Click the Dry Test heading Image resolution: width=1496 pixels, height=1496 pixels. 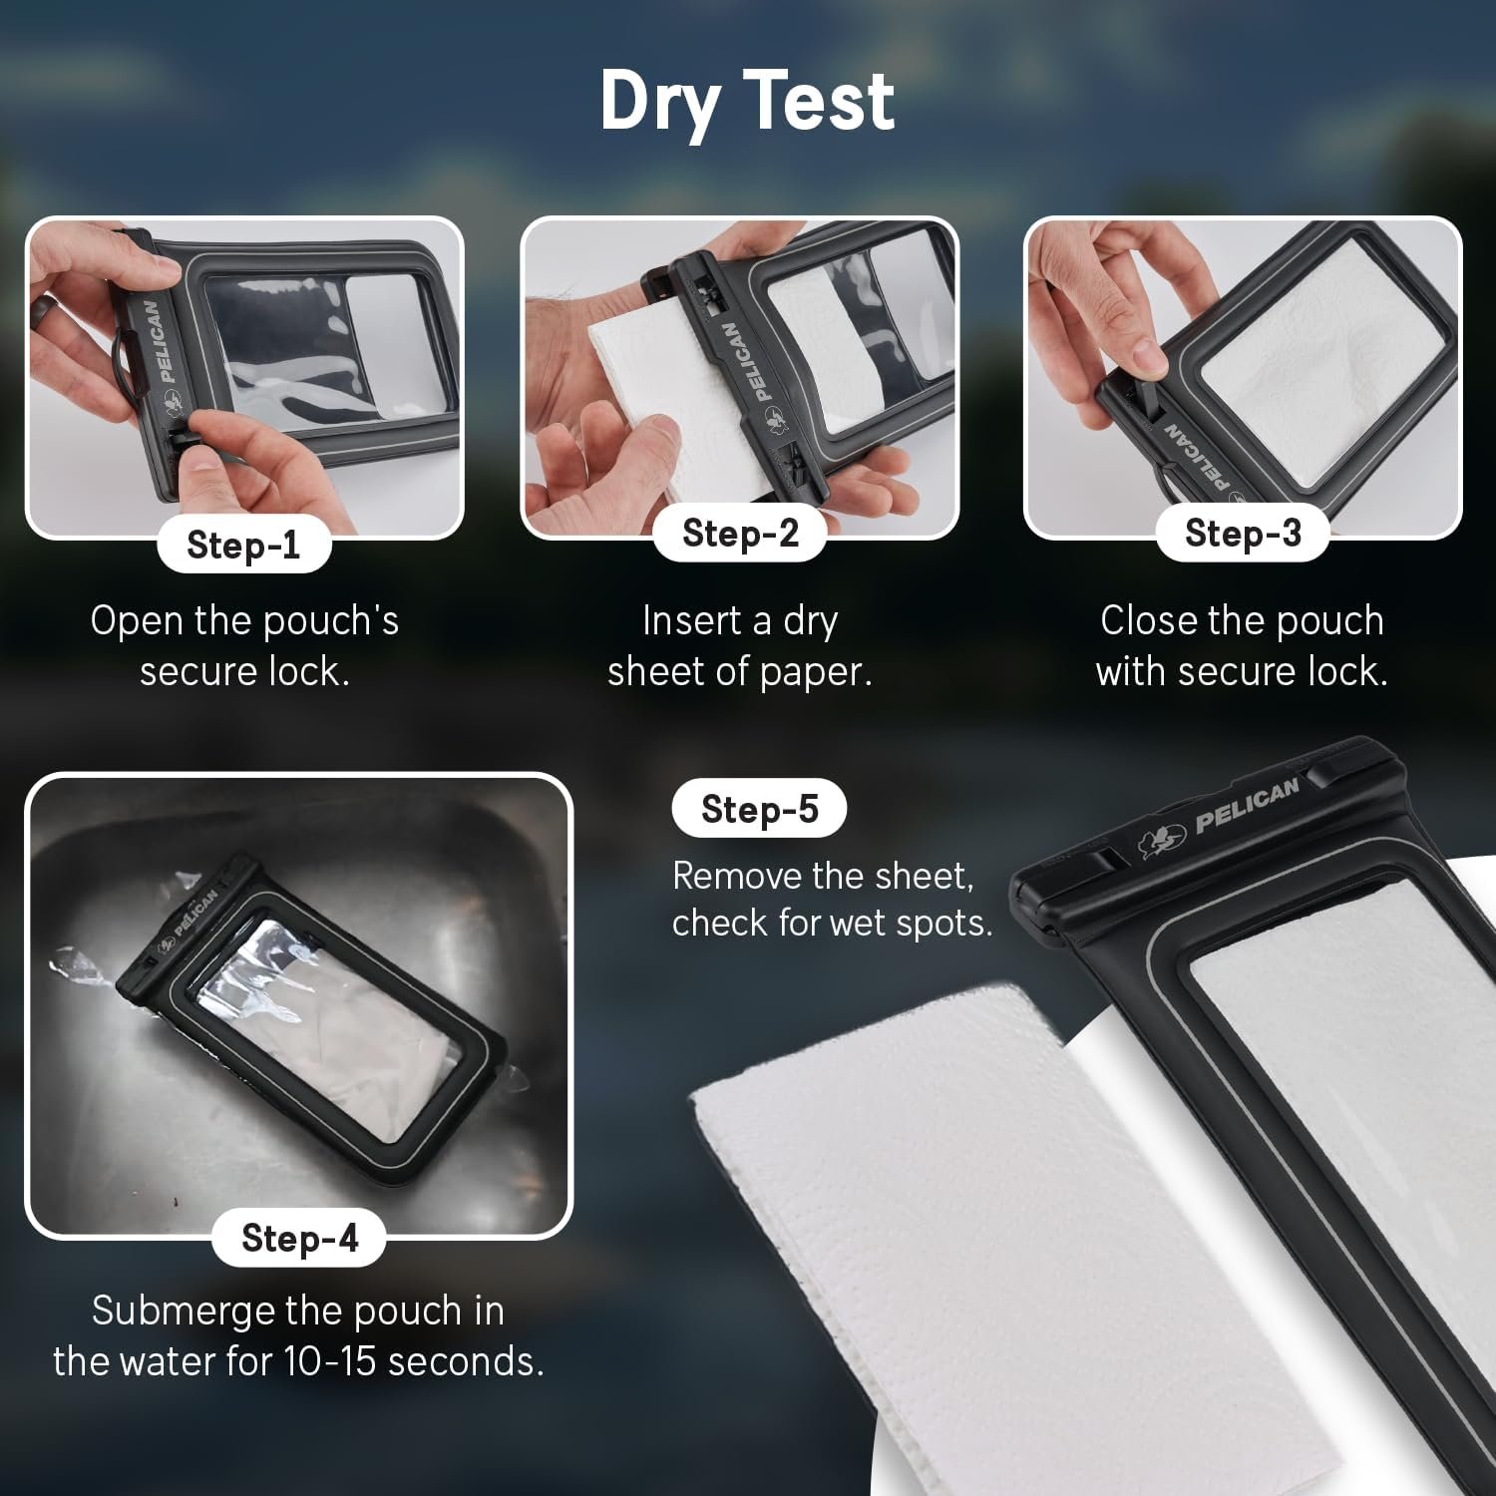pos(747,102)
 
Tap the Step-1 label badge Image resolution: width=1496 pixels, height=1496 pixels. pos(243,545)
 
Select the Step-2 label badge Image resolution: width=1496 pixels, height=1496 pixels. pos(740,534)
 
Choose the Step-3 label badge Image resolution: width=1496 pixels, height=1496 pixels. pos(1243,534)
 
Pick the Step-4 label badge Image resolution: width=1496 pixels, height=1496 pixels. pos(299,1238)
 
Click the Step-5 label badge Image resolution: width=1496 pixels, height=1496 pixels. pos(759,809)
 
